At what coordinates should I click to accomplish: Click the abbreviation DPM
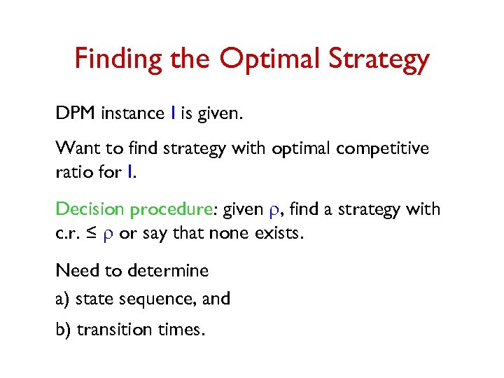pyautogui.click(x=76, y=113)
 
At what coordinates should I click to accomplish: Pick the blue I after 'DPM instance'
pyautogui.click(x=172, y=113)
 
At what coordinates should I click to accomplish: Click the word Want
pyautogui.click(x=78, y=148)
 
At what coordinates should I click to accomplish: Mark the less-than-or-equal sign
pyautogui.click(x=92, y=233)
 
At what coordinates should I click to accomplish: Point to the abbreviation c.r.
pyautogui.click(x=68, y=233)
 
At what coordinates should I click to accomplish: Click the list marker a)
pyautogui.click(x=63, y=299)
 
